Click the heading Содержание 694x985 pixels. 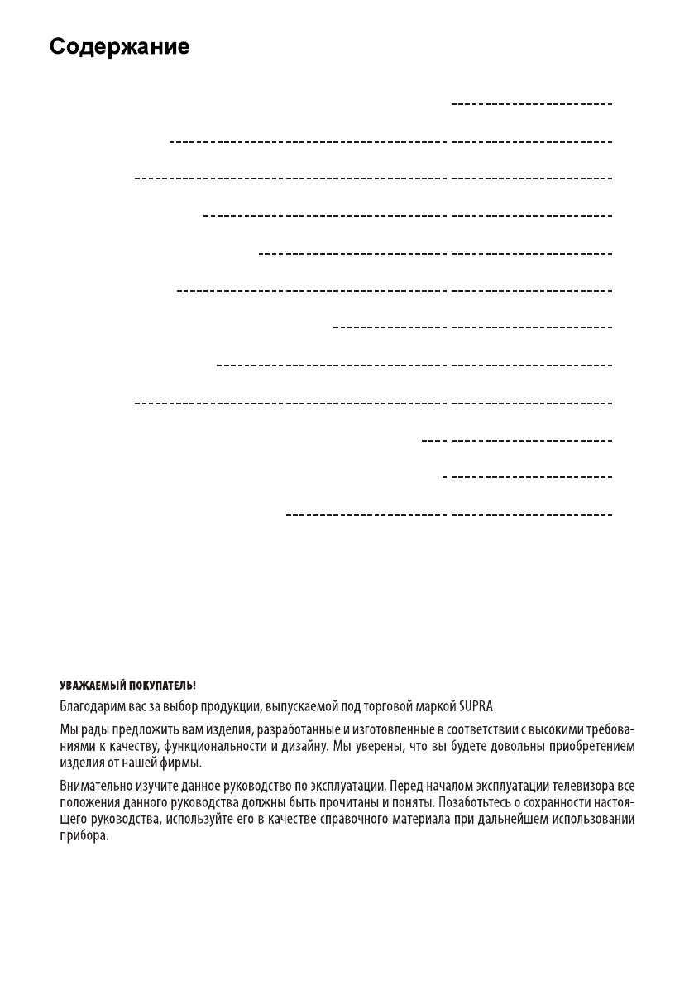119,47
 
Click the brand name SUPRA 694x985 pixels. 477,708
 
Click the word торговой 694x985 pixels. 394,708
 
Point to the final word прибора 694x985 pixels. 84,835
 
